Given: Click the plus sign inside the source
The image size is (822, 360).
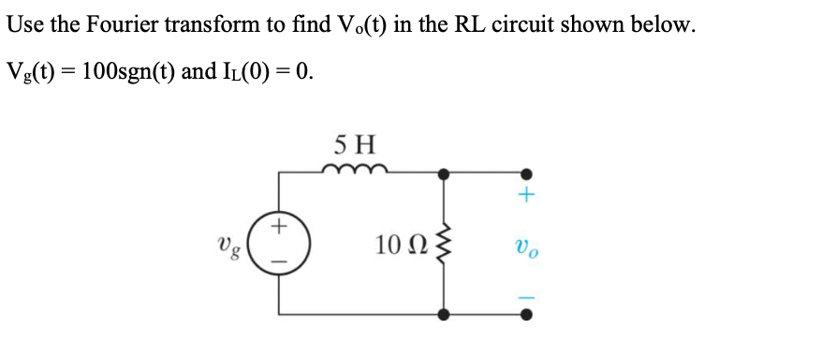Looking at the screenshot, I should pos(279,228).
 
